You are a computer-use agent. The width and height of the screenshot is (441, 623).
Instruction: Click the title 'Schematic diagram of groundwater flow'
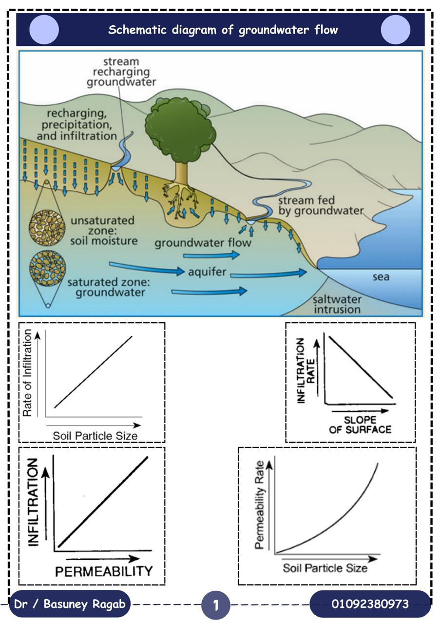[223, 30]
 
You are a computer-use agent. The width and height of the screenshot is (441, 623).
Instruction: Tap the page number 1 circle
[215, 605]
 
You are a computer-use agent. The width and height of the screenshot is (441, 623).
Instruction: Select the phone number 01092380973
[370, 604]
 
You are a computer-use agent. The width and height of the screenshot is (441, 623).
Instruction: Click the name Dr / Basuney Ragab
[70, 604]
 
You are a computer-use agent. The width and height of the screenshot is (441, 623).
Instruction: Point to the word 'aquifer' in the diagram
[207, 272]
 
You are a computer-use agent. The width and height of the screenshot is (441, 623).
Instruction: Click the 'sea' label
[381, 277]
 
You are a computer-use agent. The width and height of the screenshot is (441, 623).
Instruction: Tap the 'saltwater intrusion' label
[337, 304]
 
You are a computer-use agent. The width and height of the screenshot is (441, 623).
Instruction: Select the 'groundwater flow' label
[203, 243]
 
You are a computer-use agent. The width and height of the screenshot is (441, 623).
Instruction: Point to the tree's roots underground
[180, 198]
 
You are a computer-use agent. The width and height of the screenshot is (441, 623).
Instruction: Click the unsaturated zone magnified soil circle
[47, 228]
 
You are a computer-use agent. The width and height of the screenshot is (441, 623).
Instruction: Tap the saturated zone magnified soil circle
[48, 268]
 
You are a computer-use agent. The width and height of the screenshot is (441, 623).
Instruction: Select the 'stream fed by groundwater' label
[321, 205]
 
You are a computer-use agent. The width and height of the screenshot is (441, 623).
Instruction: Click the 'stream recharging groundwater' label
[121, 72]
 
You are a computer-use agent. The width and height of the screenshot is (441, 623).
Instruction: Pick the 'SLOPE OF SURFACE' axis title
[360, 425]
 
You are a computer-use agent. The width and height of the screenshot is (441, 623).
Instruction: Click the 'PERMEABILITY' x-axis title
[104, 571]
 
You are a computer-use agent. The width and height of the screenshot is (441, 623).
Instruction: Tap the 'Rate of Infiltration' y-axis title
[27, 373]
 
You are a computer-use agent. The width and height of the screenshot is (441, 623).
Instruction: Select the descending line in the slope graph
[361, 367]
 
